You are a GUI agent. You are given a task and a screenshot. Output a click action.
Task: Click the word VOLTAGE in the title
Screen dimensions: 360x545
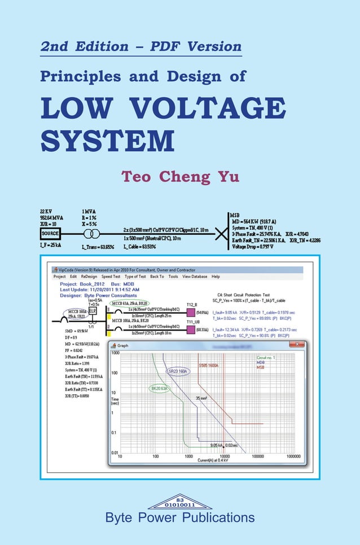(217, 109)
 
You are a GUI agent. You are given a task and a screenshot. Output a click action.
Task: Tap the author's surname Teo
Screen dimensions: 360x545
(137, 176)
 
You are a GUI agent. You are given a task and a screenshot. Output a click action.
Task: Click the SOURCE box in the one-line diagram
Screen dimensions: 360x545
(50, 233)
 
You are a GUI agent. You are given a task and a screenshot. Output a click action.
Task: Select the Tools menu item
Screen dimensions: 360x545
(173, 277)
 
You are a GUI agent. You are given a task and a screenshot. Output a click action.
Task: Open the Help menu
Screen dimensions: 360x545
(216, 277)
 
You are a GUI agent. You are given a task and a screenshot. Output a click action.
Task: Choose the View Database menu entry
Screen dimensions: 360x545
(195, 277)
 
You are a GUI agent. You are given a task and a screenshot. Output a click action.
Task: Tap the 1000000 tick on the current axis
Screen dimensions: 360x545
(293, 456)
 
